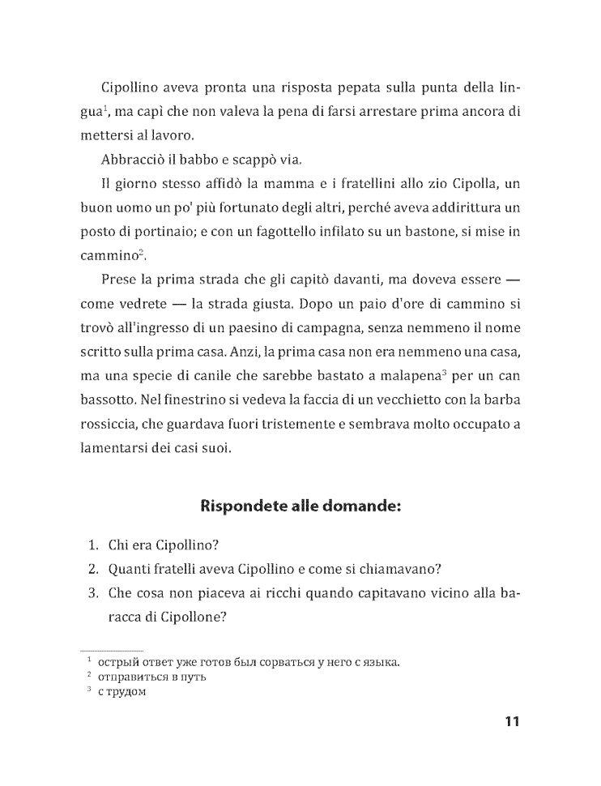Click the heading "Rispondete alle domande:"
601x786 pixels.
click(x=300, y=508)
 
